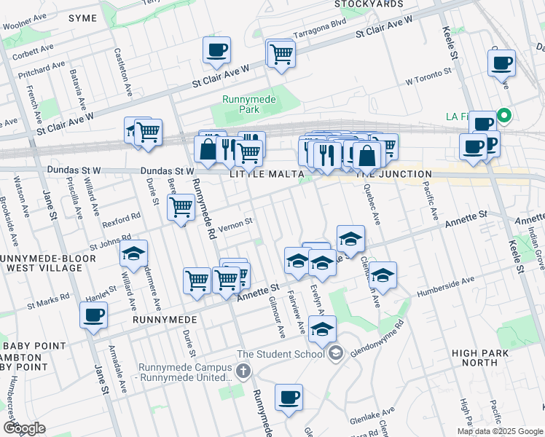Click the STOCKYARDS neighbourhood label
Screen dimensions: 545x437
coord(369,4)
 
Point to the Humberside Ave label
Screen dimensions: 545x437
coord(445,286)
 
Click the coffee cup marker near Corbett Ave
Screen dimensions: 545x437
coord(216,50)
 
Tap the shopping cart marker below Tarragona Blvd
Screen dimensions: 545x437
coord(281,53)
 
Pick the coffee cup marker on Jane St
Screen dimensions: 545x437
coord(94,315)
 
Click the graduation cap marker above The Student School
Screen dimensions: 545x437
coord(322,329)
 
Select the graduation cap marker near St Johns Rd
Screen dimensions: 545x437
coord(133,253)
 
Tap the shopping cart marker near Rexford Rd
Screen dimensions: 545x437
coord(181,207)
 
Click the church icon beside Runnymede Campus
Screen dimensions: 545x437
coord(243,372)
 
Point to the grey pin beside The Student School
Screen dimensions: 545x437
coord(335,355)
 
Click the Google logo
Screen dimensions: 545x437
coord(24,428)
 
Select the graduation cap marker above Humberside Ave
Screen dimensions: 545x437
coord(383,275)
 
